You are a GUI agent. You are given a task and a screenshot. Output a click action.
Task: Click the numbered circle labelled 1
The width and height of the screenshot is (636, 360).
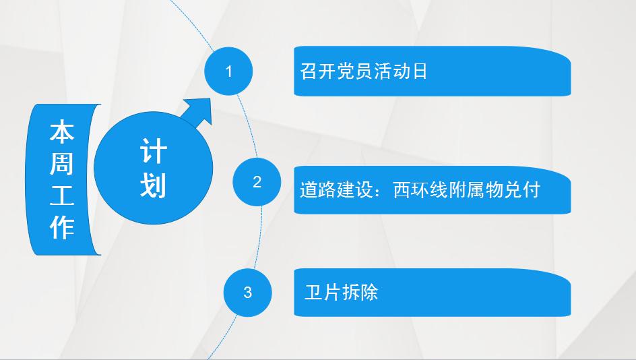click(x=228, y=71)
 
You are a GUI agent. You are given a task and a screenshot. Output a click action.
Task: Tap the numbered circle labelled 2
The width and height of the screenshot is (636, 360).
click(x=257, y=182)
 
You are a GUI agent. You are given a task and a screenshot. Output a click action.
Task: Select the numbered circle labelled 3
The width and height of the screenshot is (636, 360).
click(x=247, y=292)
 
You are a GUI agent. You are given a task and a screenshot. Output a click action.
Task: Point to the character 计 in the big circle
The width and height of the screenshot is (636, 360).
click(x=154, y=151)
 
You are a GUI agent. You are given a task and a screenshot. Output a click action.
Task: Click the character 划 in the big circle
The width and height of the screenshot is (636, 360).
click(x=154, y=185)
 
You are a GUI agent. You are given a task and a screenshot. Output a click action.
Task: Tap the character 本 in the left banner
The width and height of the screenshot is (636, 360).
click(x=62, y=131)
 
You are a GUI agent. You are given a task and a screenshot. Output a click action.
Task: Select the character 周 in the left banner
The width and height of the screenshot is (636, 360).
click(x=62, y=163)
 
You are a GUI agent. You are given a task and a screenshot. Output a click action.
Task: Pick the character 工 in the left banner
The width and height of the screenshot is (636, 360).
click(x=62, y=195)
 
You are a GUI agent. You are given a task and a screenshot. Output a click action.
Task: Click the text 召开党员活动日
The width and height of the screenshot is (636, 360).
click(x=363, y=71)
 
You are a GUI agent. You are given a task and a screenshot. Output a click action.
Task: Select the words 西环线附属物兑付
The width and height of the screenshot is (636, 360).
click(x=466, y=190)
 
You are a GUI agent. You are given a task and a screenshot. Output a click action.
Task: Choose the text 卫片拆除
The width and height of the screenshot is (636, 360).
click(x=341, y=292)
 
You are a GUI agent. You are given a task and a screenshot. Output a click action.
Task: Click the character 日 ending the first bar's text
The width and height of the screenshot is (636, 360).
click(x=419, y=71)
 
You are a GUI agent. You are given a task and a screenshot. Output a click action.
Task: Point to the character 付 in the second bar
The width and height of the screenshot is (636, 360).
click(x=532, y=190)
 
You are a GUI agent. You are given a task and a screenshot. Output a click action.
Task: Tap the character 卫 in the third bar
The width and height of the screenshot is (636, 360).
click(x=313, y=292)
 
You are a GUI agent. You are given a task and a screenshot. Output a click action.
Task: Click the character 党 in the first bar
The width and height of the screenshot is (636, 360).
click(x=345, y=71)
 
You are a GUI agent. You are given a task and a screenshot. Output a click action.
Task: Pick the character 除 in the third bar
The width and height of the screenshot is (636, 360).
click(x=369, y=292)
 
